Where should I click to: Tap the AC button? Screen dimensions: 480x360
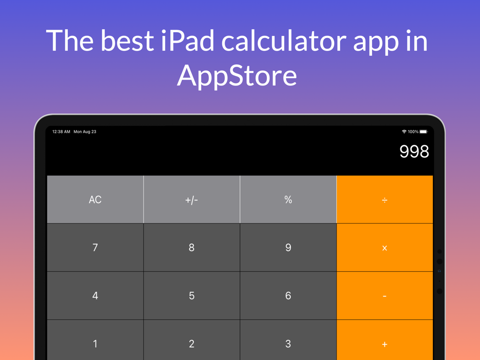(95, 199)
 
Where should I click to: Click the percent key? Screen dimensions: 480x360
(288, 199)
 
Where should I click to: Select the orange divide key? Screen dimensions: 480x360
(385, 199)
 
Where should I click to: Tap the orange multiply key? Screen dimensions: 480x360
(385, 247)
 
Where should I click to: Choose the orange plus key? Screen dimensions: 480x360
(385, 340)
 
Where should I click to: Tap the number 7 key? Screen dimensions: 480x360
(95, 247)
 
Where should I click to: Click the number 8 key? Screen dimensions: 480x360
(192, 247)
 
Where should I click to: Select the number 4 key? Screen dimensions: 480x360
(95, 295)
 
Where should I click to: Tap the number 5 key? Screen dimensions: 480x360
(192, 295)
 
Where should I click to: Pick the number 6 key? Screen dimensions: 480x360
(288, 295)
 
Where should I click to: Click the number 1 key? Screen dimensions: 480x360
(95, 340)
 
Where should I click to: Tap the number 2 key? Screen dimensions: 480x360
(192, 340)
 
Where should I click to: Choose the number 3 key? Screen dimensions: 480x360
(288, 340)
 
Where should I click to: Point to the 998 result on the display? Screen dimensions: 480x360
(414, 151)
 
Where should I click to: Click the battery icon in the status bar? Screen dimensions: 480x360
(423, 132)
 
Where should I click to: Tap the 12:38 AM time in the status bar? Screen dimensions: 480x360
(61, 132)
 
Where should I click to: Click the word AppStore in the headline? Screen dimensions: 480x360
(237, 76)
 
